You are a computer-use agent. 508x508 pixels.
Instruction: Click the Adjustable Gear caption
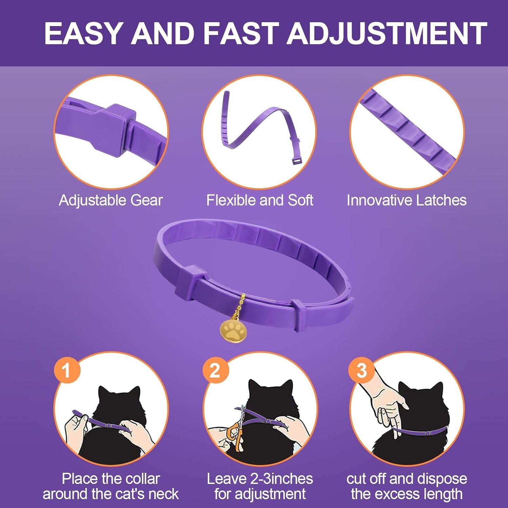[111, 200]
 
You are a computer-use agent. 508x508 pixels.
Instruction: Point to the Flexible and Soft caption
[260, 200]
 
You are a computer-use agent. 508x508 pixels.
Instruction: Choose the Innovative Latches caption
[406, 200]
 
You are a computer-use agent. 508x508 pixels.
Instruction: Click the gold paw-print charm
[232, 331]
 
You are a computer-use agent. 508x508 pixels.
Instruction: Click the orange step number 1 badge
[67, 370]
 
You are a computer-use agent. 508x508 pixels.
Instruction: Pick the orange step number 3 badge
[362, 370]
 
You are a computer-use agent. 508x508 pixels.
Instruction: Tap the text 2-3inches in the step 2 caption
[281, 479]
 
